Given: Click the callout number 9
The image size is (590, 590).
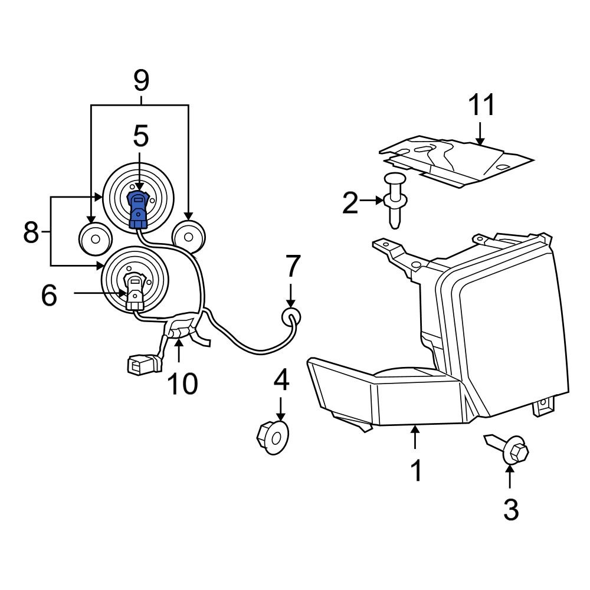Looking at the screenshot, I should [142, 80].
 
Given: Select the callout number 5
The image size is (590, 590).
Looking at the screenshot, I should [140, 136].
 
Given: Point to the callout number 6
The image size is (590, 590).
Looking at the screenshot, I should [49, 295].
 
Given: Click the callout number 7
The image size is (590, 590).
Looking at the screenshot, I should [293, 266].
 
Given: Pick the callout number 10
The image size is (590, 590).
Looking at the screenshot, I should [182, 384].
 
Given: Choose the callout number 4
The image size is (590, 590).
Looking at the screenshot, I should [281, 381].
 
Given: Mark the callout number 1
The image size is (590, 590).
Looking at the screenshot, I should [417, 471].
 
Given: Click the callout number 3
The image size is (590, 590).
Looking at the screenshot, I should [510, 509].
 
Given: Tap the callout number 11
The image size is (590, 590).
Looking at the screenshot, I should [481, 106].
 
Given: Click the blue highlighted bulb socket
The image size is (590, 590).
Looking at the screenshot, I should [137, 209].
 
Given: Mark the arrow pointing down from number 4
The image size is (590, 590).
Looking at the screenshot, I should [281, 408].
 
